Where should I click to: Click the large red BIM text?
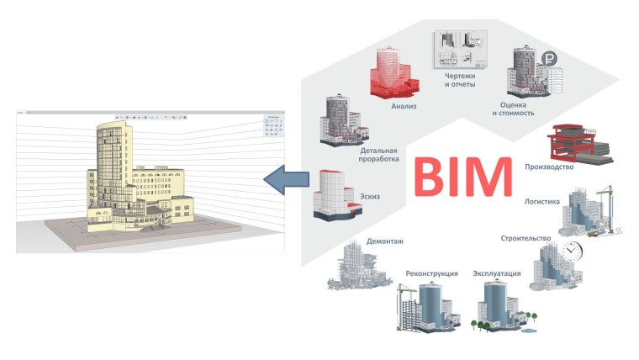[x=462, y=177]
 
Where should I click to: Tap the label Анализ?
[x=404, y=107]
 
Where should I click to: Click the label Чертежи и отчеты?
[x=461, y=80]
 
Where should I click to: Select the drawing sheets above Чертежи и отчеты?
[x=460, y=49]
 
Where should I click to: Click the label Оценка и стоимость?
[x=511, y=107]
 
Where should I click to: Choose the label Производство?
[x=548, y=167]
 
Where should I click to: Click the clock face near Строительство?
[x=573, y=250]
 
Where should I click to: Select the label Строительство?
[x=525, y=239]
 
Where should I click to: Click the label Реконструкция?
[x=431, y=273]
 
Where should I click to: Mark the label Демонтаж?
[x=384, y=241]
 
